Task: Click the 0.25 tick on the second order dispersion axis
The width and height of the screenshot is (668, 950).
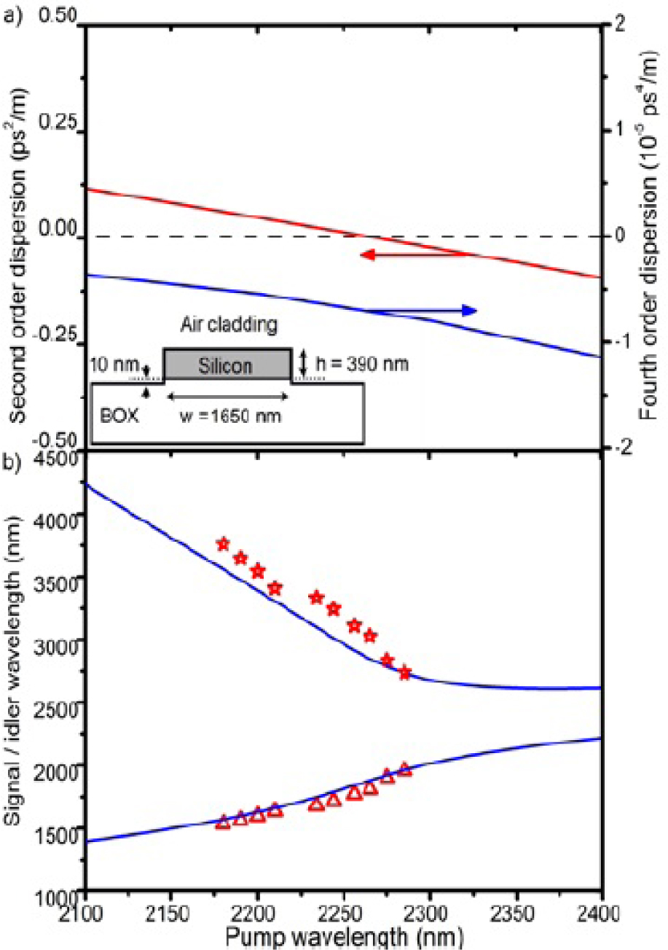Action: [x=57, y=125]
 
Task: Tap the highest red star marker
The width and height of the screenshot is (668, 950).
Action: [x=223, y=544]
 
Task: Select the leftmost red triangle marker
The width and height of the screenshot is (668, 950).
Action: [x=223, y=822]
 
